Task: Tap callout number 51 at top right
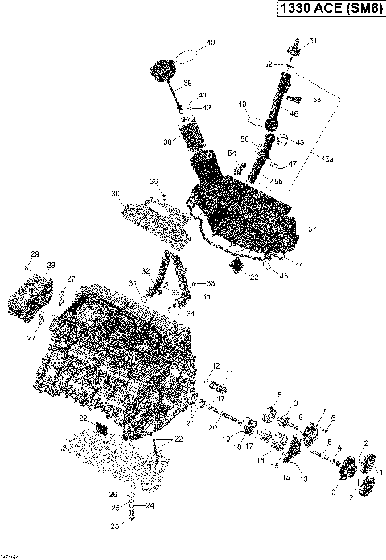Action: [313, 41]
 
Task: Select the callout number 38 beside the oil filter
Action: [167, 141]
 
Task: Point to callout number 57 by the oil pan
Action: [312, 229]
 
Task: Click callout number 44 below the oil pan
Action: [299, 265]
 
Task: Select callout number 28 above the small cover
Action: [51, 265]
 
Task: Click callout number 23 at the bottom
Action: [114, 525]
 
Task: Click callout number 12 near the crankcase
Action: [216, 365]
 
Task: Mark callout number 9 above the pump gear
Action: [280, 393]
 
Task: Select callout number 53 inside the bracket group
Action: [316, 100]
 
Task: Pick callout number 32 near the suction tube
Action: [146, 270]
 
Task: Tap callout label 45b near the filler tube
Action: [277, 181]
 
